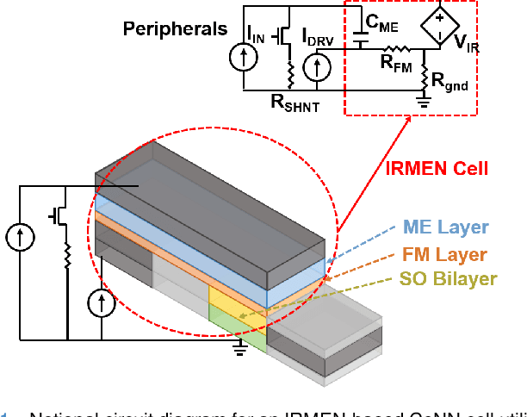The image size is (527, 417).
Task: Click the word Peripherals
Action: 175,28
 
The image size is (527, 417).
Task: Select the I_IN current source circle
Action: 244,56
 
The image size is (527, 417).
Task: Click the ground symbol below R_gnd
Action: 424,101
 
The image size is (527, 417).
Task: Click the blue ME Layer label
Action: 446,227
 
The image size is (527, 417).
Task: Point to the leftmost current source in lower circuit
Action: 16,235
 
